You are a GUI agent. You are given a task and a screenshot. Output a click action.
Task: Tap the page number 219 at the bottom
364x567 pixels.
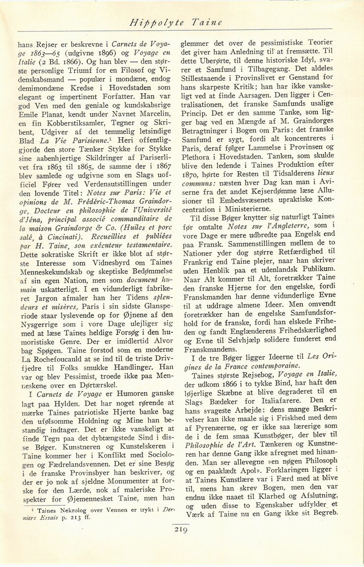tap(182, 530)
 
